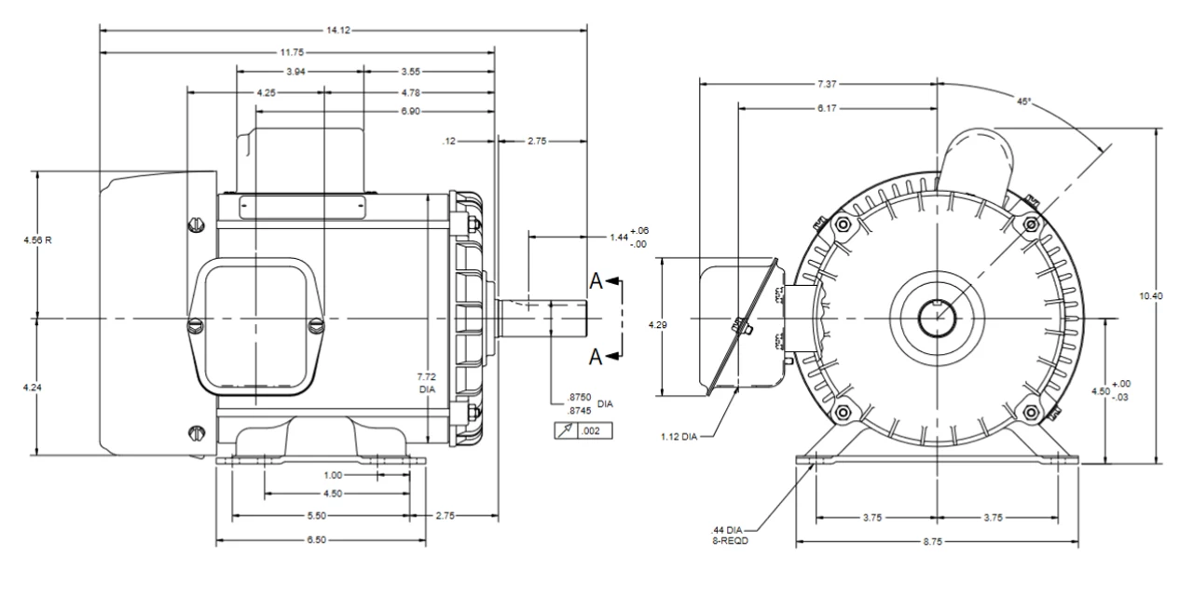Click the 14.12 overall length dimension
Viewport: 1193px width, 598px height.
pyautogui.click(x=338, y=30)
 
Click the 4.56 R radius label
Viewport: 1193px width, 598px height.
pyautogui.click(x=37, y=240)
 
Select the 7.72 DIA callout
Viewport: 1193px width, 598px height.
pyautogui.click(x=429, y=382)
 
